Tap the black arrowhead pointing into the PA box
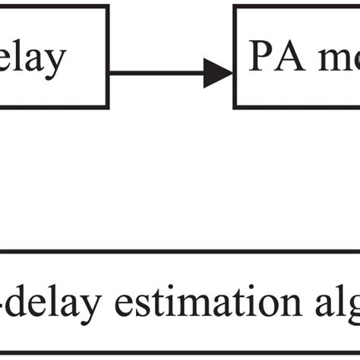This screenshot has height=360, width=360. (218, 74)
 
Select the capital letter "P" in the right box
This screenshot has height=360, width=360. (261, 58)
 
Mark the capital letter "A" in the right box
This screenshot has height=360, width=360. (289, 58)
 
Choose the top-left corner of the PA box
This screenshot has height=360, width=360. (234, 6)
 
